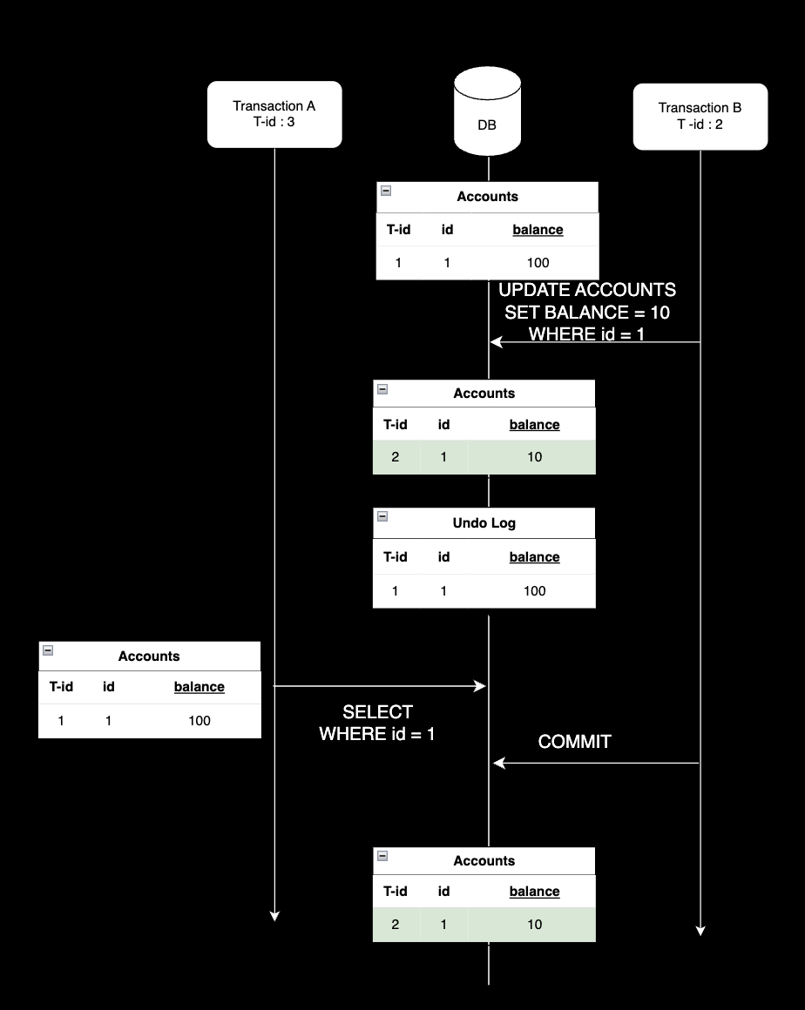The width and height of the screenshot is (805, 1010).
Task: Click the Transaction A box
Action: pyautogui.click(x=274, y=114)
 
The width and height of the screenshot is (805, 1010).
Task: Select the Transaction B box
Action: pyautogui.click(x=700, y=116)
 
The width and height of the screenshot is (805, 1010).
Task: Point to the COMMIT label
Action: pyautogui.click(x=575, y=742)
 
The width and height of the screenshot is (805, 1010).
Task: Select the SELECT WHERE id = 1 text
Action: pyautogui.click(x=377, y=724)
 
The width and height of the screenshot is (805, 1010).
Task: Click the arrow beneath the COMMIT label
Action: pyautogui.click(x=596, y=764)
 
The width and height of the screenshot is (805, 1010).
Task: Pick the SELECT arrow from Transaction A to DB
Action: pyautogui.click(x=380, y=686)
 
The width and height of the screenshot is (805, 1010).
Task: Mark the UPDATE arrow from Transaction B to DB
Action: pyautogui.click(x=596, y=342)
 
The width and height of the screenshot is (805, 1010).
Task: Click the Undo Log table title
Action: pyautogui.click(x=484, y=523)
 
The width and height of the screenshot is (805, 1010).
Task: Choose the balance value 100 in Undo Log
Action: pyautogui.click(x=534, y=591)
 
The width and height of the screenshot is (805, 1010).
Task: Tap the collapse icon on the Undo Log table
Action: pyautogui.click(x=382, y=516)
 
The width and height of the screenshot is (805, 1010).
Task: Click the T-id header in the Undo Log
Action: pyautogui.click(x=396, y=557)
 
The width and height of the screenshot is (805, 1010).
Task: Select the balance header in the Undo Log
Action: pyautogui.click(x=534, y=557)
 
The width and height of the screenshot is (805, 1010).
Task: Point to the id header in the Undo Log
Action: pyautogui.click(x=443, y=557)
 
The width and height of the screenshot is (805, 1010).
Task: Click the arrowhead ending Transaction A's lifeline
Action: pyautogui.click(x=274, y=915)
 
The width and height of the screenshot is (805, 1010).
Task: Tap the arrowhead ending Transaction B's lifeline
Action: pyautogui.click(x=700, y=931)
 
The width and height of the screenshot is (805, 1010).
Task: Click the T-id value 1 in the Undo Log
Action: pyautogui.click(x=396, y=591)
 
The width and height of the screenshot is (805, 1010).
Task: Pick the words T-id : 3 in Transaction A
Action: pyautogui.click(x=274, y=122)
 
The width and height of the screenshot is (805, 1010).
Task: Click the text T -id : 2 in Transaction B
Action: pyautogui.click(x=700, y=124)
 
